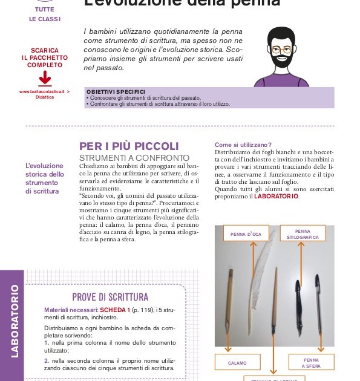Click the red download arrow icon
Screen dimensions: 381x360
click(45, 79)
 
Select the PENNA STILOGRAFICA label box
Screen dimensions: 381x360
click(303, 234)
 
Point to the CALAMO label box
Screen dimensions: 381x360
click(237, 363)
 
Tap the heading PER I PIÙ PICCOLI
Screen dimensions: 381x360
click(129, 146)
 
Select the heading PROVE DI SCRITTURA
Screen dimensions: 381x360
click(110, 297)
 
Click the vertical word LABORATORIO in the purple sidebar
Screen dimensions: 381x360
click(15, 325)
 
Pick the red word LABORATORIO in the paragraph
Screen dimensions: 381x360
click(276, 196)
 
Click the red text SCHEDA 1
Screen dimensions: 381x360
click(115, 310)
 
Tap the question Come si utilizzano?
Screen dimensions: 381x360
click(243, 145)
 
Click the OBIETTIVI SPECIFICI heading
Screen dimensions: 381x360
click(116, 91)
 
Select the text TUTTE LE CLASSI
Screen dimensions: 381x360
click(45, 15)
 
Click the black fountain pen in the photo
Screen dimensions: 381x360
click(298, 296)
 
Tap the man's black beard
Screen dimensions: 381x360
click(282, 60)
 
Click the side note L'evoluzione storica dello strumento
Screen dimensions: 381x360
click(45, 178)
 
